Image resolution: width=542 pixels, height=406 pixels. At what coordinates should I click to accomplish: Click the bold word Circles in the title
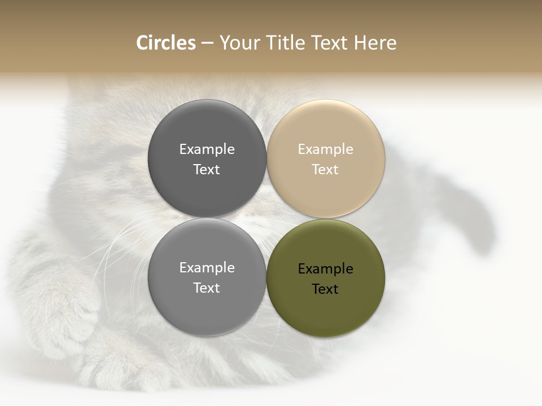point(165,43)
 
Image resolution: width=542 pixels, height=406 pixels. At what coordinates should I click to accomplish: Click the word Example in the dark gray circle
point(207,149)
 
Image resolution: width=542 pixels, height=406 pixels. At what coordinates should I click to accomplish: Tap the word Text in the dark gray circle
point(207,169)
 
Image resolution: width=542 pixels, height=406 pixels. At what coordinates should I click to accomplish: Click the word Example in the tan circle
point(325,149)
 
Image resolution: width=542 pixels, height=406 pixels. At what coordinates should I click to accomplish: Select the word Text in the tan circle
point(325,169)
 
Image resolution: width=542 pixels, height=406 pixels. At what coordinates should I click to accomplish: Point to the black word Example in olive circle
point(325,268)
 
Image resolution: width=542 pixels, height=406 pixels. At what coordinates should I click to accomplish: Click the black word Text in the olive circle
point(325,289)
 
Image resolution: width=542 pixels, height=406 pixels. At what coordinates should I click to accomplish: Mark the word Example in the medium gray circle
point(207,267)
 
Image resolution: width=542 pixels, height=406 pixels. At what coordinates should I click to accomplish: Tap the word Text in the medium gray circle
point(207,288)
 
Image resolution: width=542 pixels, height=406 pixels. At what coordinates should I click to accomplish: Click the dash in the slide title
point(207,43)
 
